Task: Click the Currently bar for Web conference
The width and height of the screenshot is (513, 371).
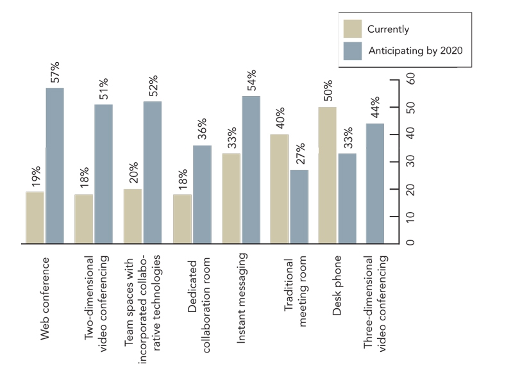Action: (x=35, y=218)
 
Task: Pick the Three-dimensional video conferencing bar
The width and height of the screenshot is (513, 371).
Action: (x=374, y=183)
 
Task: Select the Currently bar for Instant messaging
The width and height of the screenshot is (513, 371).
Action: (x=231, y=199)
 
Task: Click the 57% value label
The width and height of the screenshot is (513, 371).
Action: (x=55, y=72)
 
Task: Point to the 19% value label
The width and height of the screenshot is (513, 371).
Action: (x=36, y=177)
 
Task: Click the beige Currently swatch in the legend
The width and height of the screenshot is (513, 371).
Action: (x=351, y=29)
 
